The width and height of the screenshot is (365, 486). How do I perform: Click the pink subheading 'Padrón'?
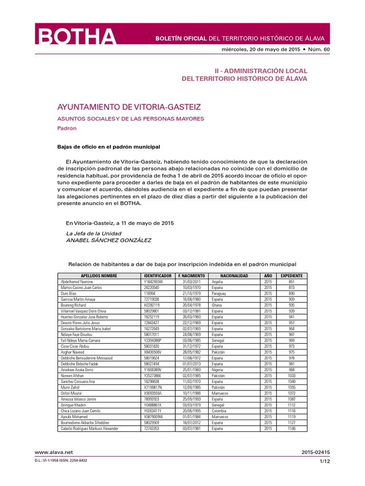67,128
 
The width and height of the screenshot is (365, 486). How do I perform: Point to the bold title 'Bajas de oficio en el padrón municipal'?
109,147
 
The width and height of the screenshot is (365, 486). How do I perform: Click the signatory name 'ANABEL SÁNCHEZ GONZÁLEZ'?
108,241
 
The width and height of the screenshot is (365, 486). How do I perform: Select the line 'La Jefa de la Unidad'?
94,234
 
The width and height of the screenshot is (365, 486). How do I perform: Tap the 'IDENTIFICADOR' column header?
157,275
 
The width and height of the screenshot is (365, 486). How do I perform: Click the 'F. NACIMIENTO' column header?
192,275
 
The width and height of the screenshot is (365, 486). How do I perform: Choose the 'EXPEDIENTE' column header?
291,275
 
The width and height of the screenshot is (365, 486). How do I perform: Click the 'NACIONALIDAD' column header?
234,275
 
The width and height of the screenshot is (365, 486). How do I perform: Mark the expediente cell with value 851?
291,281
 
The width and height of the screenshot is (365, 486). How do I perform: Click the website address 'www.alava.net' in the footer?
50,452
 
